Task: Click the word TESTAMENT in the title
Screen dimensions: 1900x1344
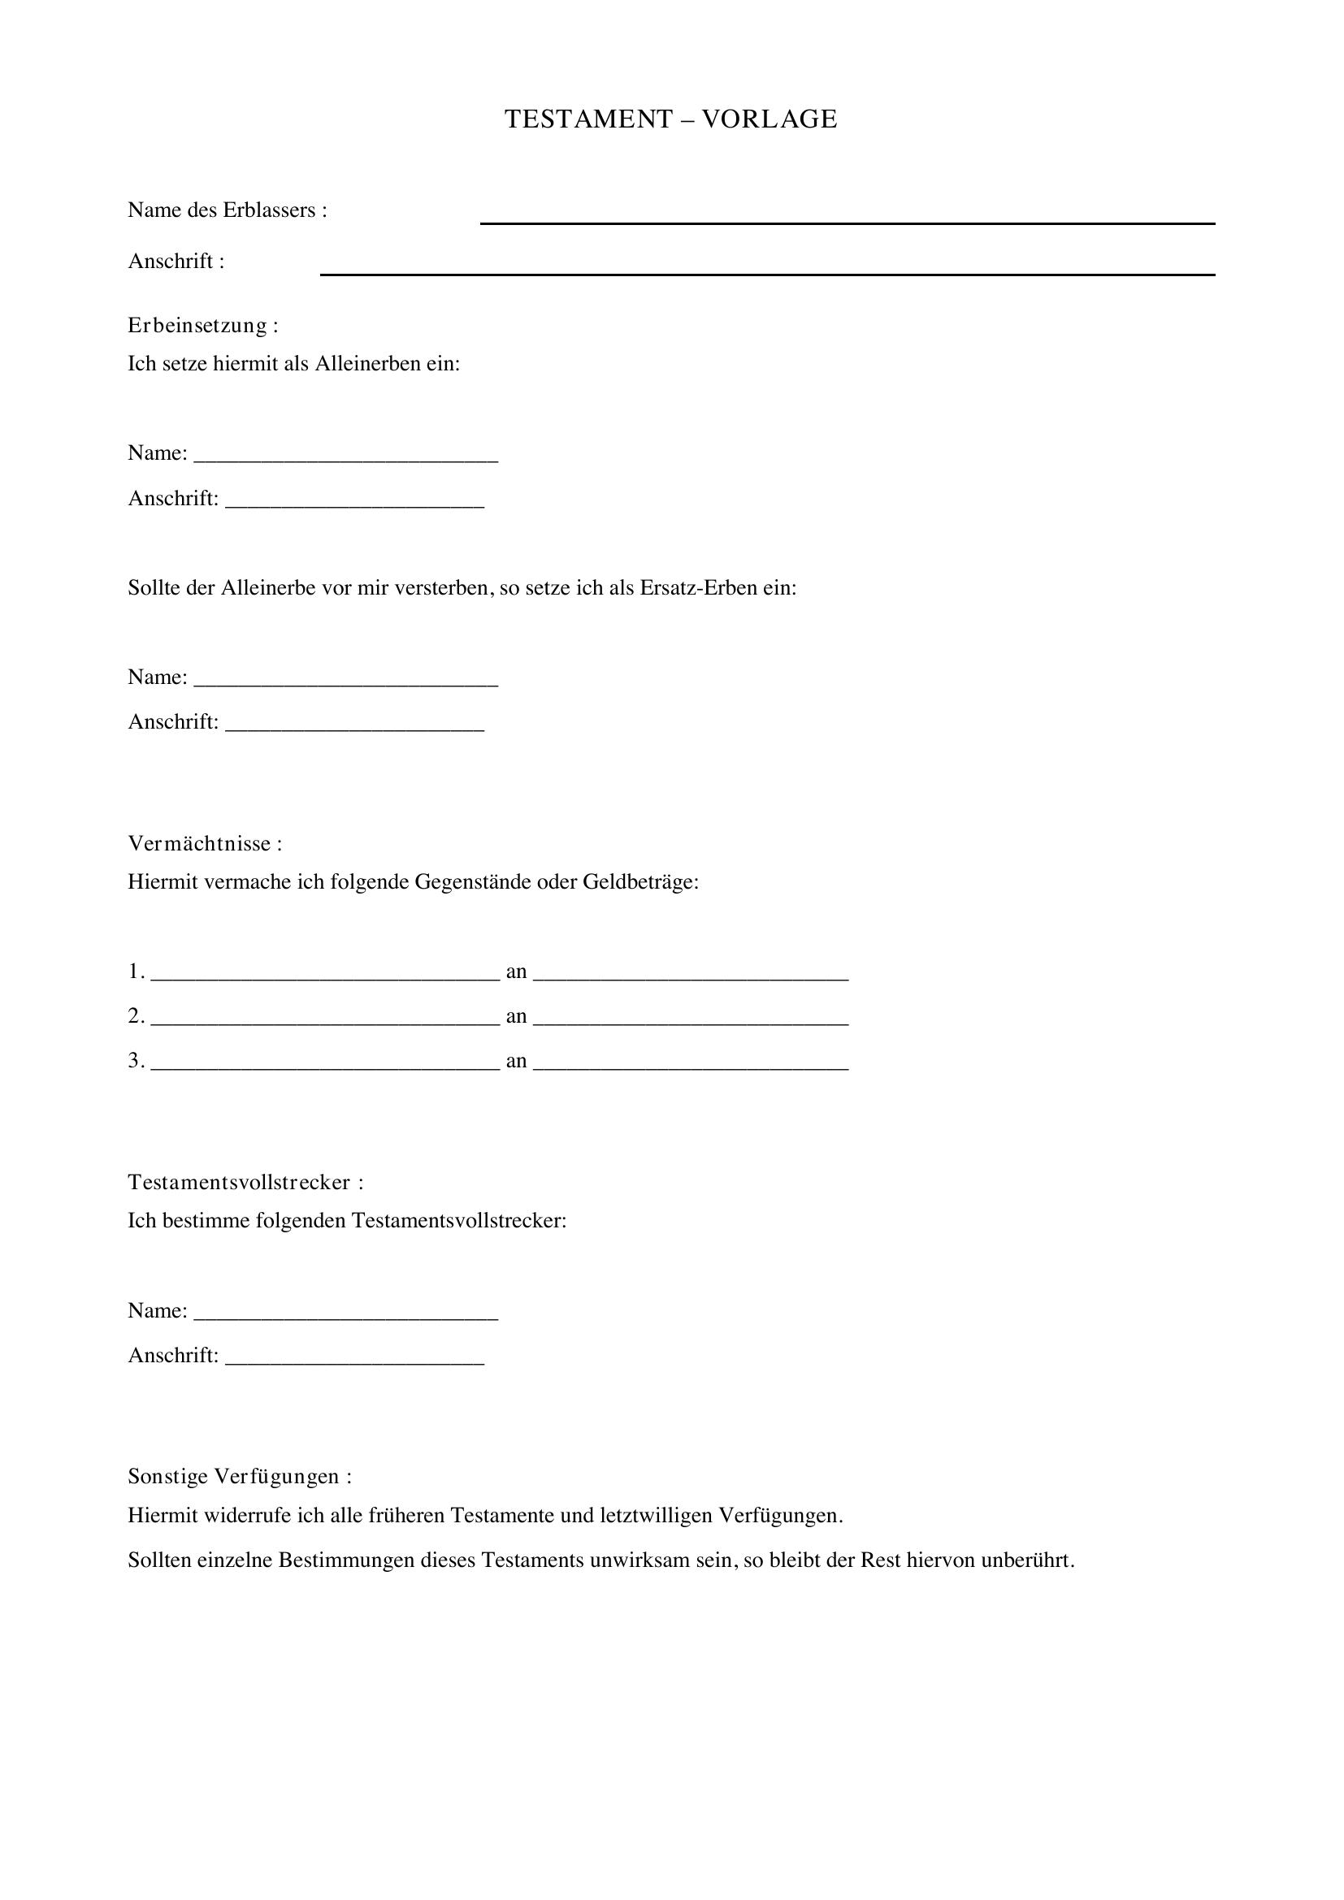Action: [588, 119]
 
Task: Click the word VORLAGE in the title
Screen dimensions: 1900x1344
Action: [770, 119]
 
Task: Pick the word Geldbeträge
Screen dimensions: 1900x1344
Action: [640, 882]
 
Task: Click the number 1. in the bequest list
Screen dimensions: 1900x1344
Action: [137, 972]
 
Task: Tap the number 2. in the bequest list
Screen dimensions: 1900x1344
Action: [137, 1016]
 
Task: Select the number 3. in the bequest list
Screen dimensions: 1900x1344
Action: [137, 1061]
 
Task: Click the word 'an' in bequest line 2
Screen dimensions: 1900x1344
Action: [517, 1017]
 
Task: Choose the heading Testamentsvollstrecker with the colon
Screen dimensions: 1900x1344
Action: [245, 1183]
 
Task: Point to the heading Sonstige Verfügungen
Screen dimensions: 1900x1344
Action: [239, 1476]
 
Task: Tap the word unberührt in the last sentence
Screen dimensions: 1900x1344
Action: [1027, 1560]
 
